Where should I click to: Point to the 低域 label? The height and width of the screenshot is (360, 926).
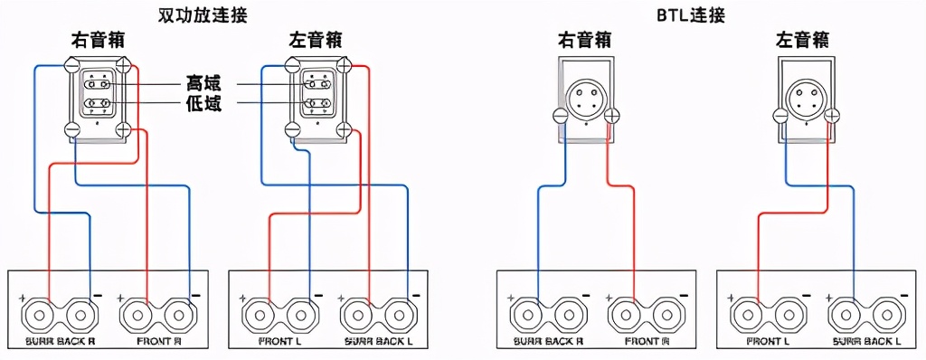[x=204, y=103]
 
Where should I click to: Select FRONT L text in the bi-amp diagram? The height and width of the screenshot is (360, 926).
[x=279, y=343]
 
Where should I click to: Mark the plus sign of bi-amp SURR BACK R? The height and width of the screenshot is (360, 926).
[x=21, y=298]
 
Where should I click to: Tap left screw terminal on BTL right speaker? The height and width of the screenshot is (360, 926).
[x=560, y=116]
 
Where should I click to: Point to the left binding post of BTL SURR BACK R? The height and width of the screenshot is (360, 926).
[x=531, y=317]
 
